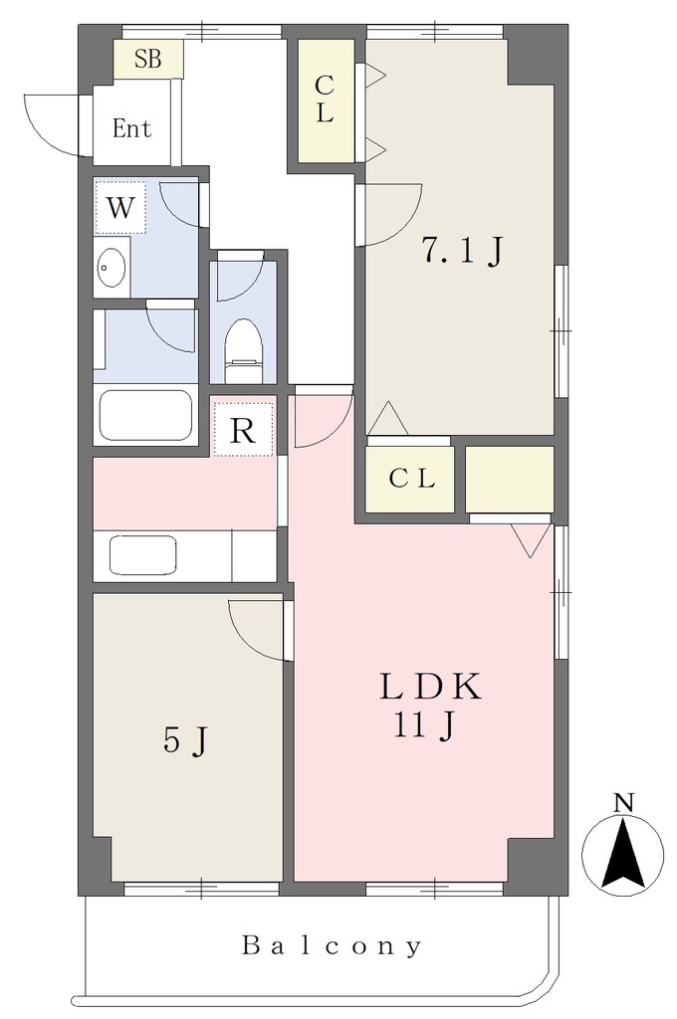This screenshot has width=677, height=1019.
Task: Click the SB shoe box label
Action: (x=147, y=59)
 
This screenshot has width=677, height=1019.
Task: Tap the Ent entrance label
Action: (x=132, y=128)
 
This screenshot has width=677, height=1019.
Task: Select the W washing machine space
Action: (x=120, y=208)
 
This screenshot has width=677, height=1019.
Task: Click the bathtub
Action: (x=145, y=415)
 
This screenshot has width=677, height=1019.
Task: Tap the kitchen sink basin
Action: (x=143, y=555)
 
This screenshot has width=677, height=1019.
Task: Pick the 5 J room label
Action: (x=186, y=740)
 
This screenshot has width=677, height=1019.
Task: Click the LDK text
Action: (x=430, y=687)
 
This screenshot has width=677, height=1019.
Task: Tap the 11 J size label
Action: (x=423, y=724)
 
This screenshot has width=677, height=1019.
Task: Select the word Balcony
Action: (x=333, y=945)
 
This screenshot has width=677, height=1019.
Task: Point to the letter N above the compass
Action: (x=623, y=803)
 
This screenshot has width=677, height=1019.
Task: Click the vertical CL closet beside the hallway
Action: (x=327, y=101)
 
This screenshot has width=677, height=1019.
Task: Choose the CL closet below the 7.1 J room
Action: (x=410, y=479)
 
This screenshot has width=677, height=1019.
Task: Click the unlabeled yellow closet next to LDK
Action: (x=510, y=479)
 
